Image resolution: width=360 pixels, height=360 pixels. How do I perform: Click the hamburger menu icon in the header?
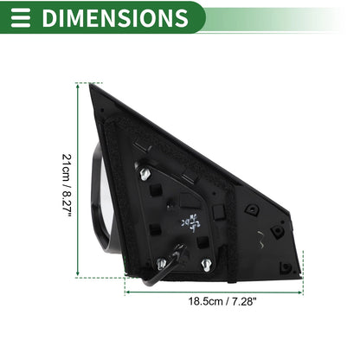click(x=21, y=17)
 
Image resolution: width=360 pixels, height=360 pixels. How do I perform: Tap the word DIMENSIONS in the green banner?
click(x=115, y=18)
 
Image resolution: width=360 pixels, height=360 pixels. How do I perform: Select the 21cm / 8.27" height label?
click(x=67, y=186)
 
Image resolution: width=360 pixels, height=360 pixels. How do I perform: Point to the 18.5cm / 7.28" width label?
click(x=222, y=301)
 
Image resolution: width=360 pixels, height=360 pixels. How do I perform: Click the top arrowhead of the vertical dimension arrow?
click(x=78, y=86)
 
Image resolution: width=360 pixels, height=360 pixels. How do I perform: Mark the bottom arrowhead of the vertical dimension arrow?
click(x=78, y=273)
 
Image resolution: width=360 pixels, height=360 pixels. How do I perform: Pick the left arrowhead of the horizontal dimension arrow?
click(x=128, y=292)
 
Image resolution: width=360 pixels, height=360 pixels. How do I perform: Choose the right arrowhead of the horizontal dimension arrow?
click(x=300, y=292)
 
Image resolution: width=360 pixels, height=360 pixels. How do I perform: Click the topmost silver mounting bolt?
click(x=145, y=174)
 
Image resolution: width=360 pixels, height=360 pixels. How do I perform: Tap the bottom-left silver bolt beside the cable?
click(x=161, y=264)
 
